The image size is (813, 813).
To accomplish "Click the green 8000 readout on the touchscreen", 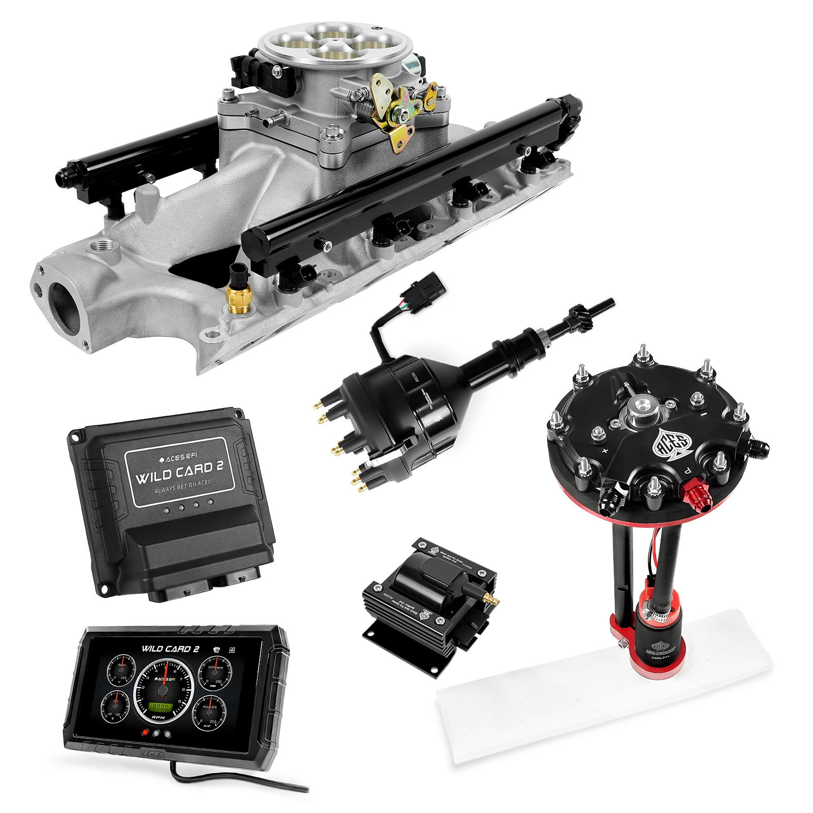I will click(x=163, y=707).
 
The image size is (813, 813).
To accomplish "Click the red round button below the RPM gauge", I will click(x=146, y=733).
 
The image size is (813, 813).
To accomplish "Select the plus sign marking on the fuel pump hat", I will click(x=605, y=450).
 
